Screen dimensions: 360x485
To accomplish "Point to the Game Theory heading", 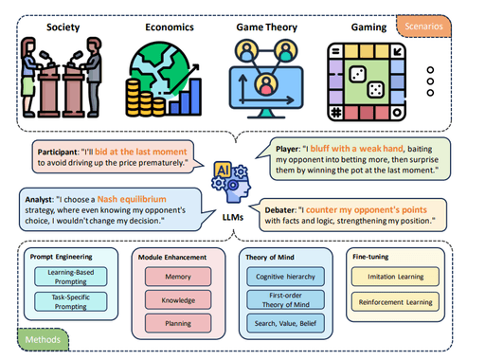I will click(x=267, y=27).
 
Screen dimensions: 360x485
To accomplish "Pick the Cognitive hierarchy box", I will click(x=296, y=277).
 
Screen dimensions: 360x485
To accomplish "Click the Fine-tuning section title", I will click(x=378, y=254).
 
